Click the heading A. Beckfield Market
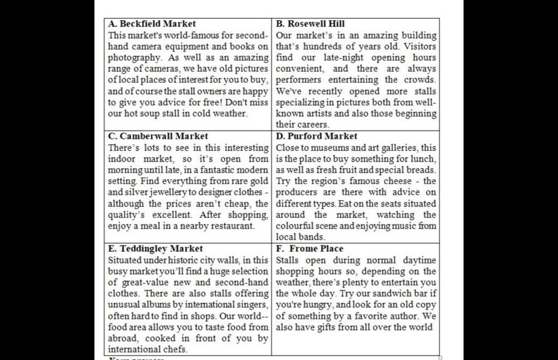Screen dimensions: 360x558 [152, 24]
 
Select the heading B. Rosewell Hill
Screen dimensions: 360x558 [310, 24]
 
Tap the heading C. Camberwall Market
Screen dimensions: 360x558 [158, 136]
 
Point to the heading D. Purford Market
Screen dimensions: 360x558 [317, 136]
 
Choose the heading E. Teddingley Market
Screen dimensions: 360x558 [155, 248]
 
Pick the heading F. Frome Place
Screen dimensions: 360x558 [310, 248]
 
